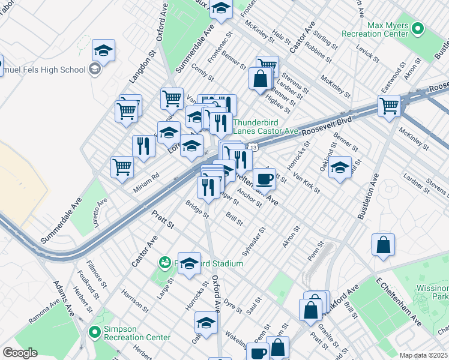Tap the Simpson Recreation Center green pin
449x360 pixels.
tap(94, 332)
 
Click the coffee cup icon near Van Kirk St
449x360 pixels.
tap(264, 179)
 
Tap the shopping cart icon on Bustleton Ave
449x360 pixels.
tap(390, 106)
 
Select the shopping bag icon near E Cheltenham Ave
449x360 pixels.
tap(383, 245)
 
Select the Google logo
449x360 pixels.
tap(20, 353)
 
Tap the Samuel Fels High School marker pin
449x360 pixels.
tap(94, 70)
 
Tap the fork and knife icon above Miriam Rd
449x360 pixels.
tap(143, 146)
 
